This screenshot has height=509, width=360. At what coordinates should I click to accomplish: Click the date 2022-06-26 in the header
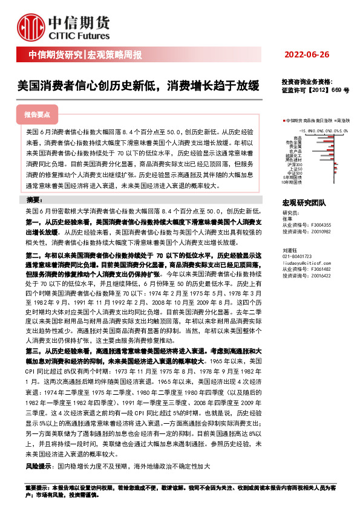click(307, 55)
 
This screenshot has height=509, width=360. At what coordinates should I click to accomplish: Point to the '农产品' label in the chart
click(296, 151)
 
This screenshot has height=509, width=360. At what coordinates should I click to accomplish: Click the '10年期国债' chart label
click(292, 181)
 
